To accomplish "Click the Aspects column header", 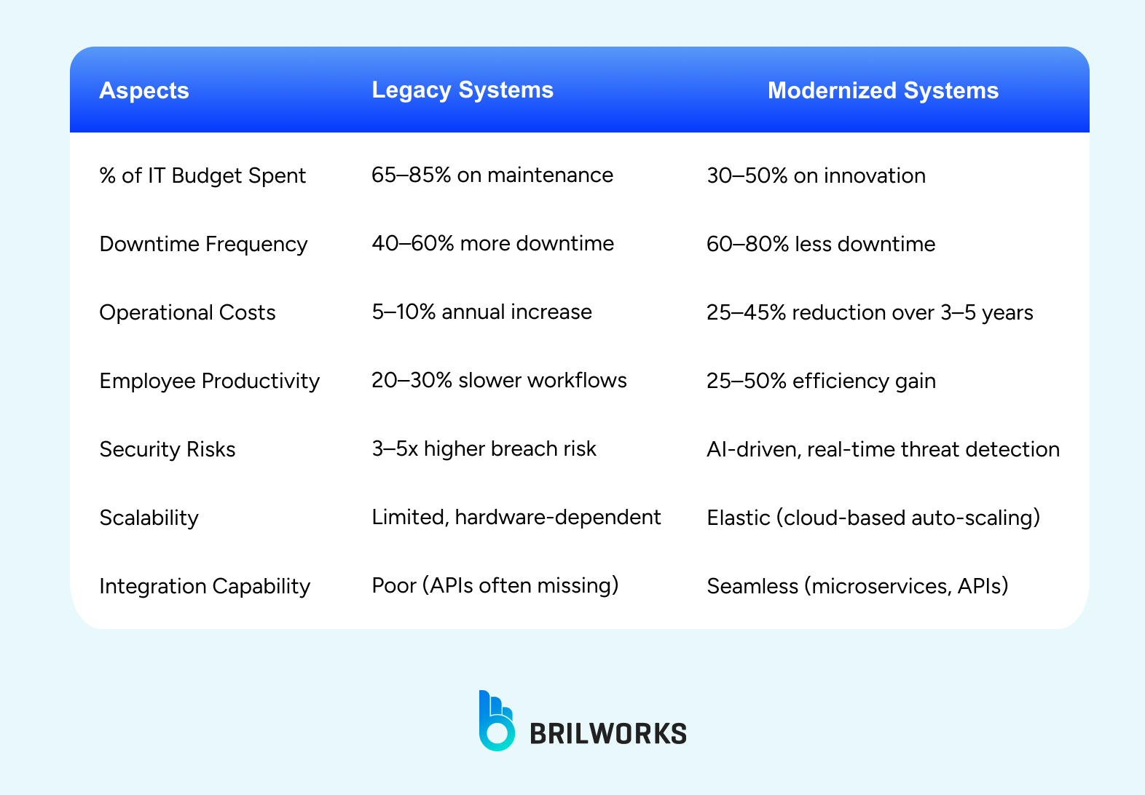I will (x=144, y=90).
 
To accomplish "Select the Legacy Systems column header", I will (x=463, y=90).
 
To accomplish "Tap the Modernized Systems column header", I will (x=883, y=90).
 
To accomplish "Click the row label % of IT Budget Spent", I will (x=202, y=176).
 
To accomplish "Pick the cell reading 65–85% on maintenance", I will (x=492, y=175).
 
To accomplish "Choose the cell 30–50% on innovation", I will (x=816, y=176).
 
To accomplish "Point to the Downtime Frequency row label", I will (x=203, y=244).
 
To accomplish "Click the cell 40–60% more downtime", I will (x=492, y=243).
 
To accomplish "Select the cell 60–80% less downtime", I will (x=821, y=244).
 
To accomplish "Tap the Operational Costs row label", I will (x=187, y=312).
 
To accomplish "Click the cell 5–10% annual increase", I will (x=481, y=312).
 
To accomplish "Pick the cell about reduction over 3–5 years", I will (x=870, y=312).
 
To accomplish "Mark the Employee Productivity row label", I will (x=209, y=381).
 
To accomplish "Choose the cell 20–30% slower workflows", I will (x=499, y=381).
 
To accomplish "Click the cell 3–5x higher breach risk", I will (x=484, y=449).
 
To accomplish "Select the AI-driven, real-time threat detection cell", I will (x=883, y=449).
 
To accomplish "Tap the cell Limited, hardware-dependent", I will (x=516, y=518).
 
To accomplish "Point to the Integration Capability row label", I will (x=205, y=586).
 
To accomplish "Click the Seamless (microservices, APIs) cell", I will (x=857, y=586).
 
